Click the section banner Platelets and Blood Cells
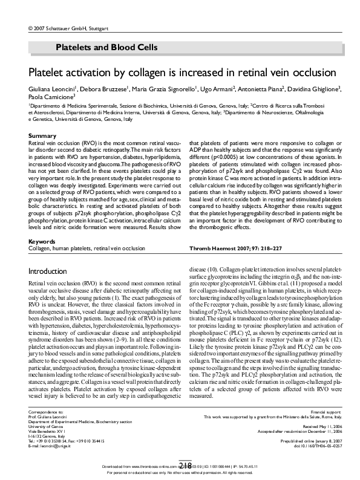106,47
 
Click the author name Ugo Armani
218,89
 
